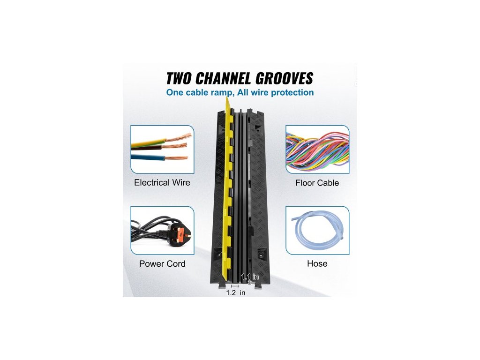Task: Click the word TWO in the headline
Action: click(180, 78)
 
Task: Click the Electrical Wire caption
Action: click(162, 183)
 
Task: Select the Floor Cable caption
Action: click(317, 183)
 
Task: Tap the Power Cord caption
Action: click(162, 264)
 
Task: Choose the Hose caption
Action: click(317, 264)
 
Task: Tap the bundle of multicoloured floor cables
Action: click(317, 150)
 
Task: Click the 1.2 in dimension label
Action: click(235, 293)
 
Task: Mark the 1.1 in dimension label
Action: click(250, 277)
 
